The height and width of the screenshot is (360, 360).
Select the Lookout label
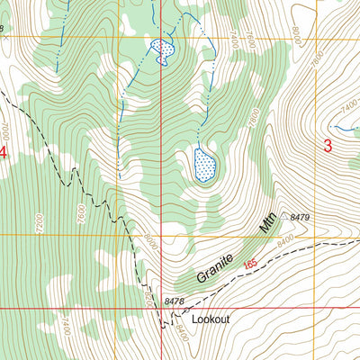point(211,319)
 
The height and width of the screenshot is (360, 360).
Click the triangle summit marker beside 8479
point(283,216)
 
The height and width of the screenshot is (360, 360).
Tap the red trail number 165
point(249,263)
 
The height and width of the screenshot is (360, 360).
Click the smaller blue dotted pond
point(161,51)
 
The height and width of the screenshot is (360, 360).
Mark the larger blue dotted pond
point(205,165)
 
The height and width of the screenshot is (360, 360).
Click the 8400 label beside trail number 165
point(285,242)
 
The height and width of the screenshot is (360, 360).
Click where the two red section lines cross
point(161,309)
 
